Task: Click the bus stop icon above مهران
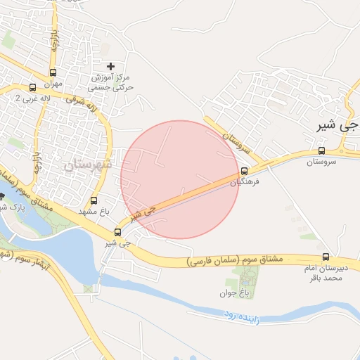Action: point(53,72)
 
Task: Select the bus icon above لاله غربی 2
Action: point(32,88)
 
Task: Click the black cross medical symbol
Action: point(110,66)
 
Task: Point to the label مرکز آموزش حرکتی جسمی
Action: point(110,83)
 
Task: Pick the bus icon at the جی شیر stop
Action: point(117,232)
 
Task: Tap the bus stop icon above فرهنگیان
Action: point(245,171)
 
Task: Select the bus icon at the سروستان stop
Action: point(321,150)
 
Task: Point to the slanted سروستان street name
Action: point(236,141)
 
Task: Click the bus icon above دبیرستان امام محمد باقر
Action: point(325,257)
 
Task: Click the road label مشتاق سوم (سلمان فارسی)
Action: point(236,259)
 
